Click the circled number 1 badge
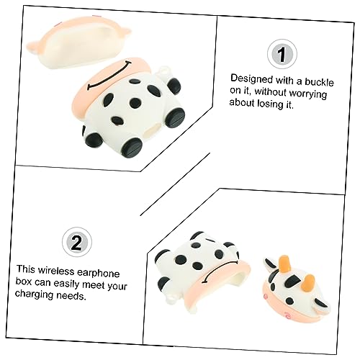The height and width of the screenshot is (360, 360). click(x=282, y=55)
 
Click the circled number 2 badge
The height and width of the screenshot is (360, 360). click(x=77, y=242)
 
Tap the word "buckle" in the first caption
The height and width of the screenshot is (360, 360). click(x=319, y=82)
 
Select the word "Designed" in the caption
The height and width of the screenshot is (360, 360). click(x=252, y=79)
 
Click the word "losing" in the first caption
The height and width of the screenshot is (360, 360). click(x=270, y=104)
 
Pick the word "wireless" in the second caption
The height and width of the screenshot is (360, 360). click(x=56, y=271)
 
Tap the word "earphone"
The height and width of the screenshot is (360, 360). click(x=98, y=273)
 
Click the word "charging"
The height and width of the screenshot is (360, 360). click(x=35, y=294)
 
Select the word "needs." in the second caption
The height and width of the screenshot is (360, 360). click(x=71, y=296)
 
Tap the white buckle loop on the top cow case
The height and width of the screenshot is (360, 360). click(x=164, y=71)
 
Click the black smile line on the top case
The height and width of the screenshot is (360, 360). click(x=109, y=76)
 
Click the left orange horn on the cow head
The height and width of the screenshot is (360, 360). click(x=285, y=264)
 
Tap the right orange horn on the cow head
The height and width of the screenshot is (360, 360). click(x=310, y=282)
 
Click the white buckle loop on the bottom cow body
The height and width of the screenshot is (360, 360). click(x=172, y=298)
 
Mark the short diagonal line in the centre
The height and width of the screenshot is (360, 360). click(x=175, y=184)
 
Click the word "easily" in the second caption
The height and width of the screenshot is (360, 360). click(x=67, y=283)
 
